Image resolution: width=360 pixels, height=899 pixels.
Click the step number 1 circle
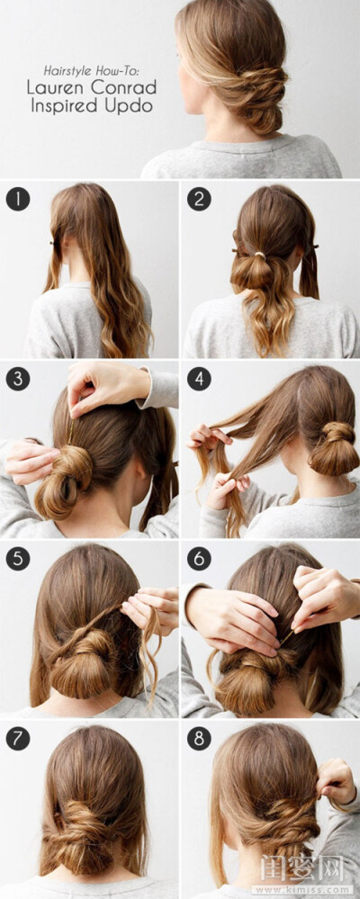pyautogui.click(x=18, y=199)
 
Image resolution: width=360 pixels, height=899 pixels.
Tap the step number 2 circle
pyautogui.click(x=199, y=199)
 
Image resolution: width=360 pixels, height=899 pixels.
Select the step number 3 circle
pyautogui.click(x=18, y=379)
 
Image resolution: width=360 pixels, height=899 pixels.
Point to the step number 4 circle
pyautogui.click(x=199, y=379)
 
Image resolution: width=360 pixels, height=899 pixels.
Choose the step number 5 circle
pyautogui.click(x=18, y=559)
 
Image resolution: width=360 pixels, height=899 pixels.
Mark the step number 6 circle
pyautogui.click(x=199, y=559)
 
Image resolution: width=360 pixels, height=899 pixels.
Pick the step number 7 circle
pyautogui.click(x=18, y=739)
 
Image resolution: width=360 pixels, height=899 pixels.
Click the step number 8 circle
pyautogui.click(x=199, y=739)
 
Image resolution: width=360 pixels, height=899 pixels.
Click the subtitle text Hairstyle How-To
pyautogui.click(x=92, y=70)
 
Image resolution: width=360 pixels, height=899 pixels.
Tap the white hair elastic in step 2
pyautogui.click(x=261, y=254)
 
